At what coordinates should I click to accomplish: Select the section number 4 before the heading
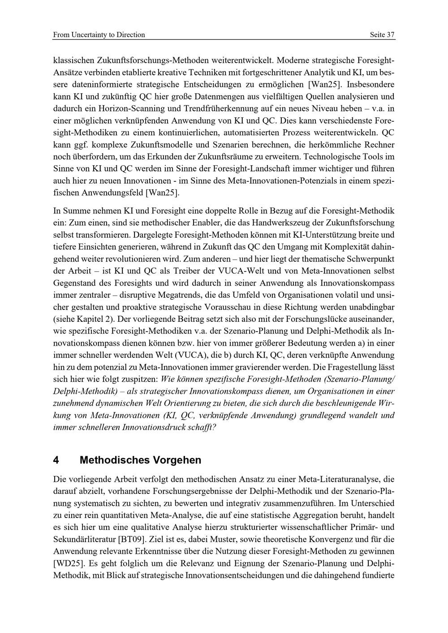56,460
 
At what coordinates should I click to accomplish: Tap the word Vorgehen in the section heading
178,460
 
